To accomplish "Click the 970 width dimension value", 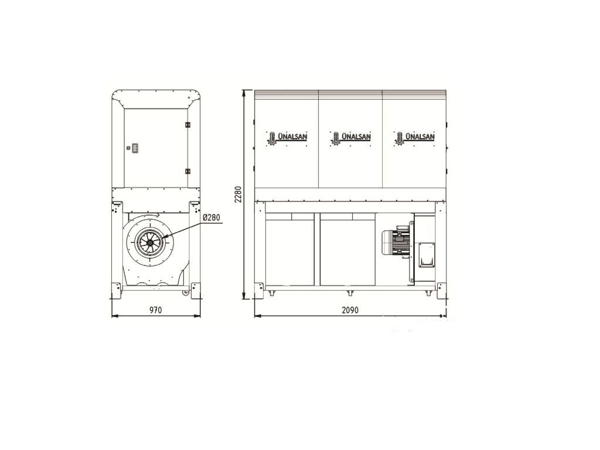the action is click(156, 309).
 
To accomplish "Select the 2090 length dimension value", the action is click(350, 309).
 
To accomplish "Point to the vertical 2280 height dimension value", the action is click(238, 194).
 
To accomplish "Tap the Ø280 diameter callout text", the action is click(211, 217).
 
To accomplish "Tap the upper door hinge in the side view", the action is click(187, 125).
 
